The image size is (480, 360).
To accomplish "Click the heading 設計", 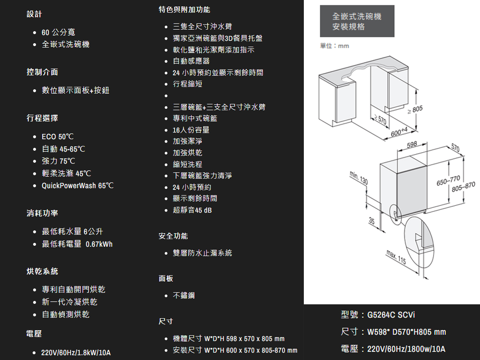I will [x=35, y=15].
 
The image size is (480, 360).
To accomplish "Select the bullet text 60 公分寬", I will [x=58, y=32].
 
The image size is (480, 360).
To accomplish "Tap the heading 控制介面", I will [x=42, y=72].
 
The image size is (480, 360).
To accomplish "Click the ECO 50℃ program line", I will [x=58, y=137].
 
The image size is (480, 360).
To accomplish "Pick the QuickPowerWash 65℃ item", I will [x=77, y=185].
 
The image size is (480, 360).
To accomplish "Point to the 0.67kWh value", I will [x=99, y=244].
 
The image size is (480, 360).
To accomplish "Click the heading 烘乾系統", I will [x=42, y=271].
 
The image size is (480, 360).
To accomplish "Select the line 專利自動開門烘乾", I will [x=73, y=289].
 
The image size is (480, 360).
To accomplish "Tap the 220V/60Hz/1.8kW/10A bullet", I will [x=76, y=353].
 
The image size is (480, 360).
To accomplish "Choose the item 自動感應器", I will [x=191, y=61].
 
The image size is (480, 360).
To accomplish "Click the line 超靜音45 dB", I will [x=192, y=210].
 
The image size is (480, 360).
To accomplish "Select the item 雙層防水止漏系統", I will [x=202, y=252].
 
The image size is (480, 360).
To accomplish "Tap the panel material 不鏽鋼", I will [x=184, y=295].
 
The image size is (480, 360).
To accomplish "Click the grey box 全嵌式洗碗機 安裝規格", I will [x=357, y=22].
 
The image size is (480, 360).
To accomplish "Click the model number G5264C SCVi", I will [x=391, y=315].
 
